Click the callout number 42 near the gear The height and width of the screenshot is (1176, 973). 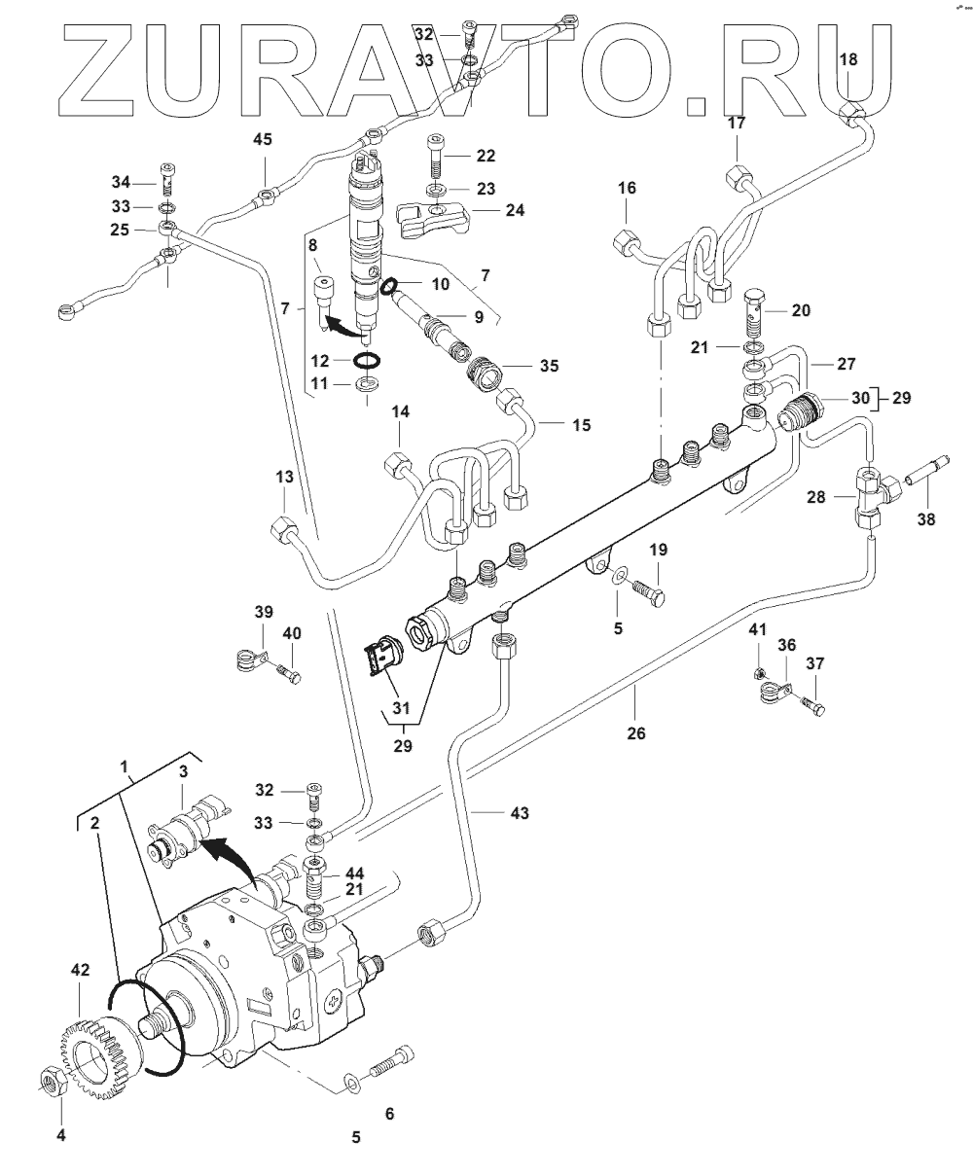point(79,970)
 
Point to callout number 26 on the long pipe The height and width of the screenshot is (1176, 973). point(636,732)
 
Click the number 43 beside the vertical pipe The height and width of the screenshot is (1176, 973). point(520,812)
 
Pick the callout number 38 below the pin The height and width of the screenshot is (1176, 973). point(925,519)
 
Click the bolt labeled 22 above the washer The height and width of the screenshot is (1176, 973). point(436,156)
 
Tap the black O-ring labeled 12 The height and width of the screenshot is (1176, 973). point(367,361)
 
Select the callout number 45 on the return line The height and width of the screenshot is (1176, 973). point(263,140)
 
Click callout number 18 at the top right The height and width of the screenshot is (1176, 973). point(847,59)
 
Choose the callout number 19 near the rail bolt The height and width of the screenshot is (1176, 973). point(659,550)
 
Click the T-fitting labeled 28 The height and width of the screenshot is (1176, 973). point(869,495)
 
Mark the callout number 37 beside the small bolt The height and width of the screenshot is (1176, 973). point(814,663)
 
